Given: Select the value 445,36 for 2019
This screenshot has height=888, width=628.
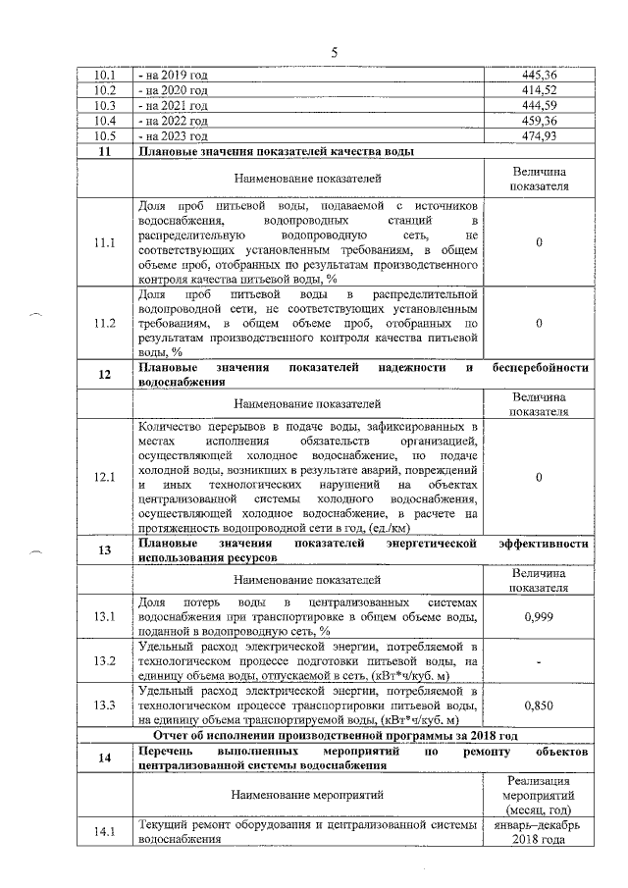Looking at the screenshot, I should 540,74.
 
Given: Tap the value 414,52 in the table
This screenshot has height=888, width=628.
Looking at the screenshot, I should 540,89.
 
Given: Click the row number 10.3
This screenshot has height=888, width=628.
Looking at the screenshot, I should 104,105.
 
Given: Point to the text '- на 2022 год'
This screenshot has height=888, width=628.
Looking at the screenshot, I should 174,121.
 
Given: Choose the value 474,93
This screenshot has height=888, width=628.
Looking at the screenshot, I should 540,136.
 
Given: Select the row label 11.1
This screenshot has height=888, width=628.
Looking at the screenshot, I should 104,242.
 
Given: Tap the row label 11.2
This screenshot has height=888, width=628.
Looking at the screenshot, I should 104,322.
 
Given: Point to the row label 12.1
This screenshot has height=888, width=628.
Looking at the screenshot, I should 104,478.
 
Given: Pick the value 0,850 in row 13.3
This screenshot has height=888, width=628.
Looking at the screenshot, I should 540,705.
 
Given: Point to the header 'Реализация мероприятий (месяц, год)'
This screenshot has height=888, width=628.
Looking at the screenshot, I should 540,794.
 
